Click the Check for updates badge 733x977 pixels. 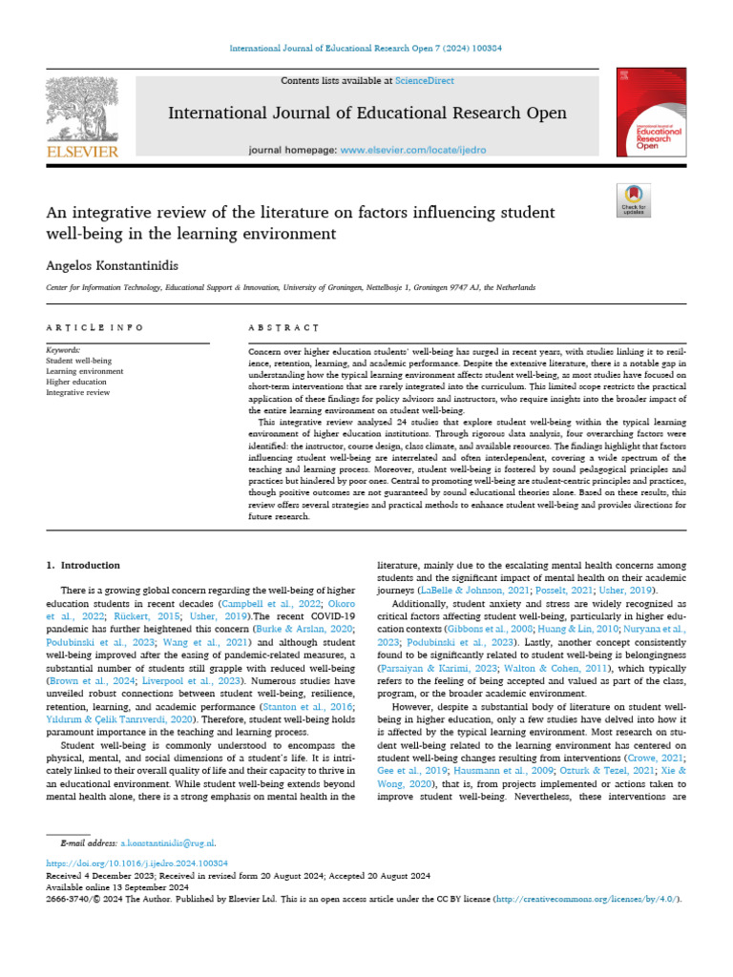pyautogui.click(x=634, y=198)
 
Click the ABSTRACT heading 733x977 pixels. pyautogui.click(x=283, y=327)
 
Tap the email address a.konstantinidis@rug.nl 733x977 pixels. pyautogui.click(x=168, y=843)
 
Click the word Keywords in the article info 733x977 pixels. pyautogui.click(x=64, y=350)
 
